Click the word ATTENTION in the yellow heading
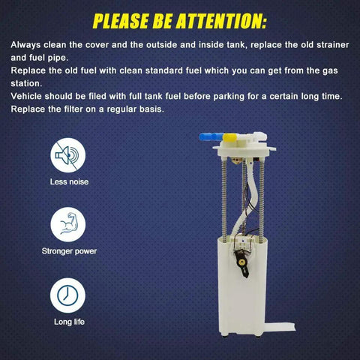tap(221, 21)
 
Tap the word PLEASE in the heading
tap(121, 21)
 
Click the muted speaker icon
tap(68, 155)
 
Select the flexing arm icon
tap(68, 224)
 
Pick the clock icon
tap(67, 295)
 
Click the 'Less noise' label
tap(69, 181)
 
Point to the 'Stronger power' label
tap(69, 251)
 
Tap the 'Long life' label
tap(69, 322)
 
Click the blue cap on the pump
tap(211, 137)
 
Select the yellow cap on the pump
tap(229, 138)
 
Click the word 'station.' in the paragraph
tap(26, 83)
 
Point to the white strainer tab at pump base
tap(280, 327)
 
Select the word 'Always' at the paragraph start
tap(25, 45)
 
